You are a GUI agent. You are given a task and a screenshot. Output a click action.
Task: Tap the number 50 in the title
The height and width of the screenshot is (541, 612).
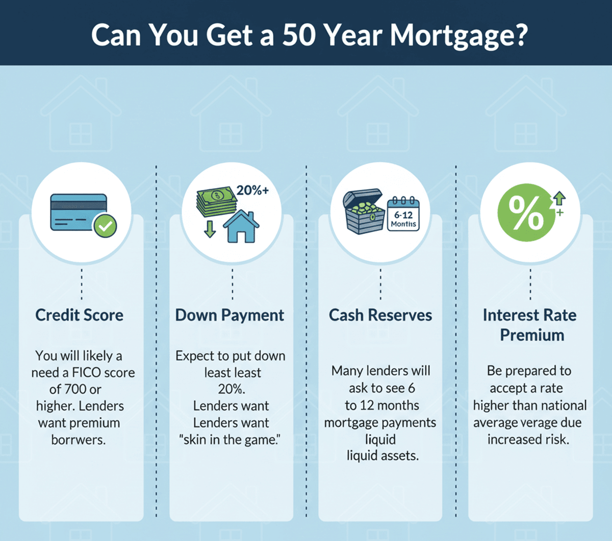click(x=299, y=35)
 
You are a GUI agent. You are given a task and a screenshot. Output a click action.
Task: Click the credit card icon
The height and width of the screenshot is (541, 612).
click(x=79, y=212)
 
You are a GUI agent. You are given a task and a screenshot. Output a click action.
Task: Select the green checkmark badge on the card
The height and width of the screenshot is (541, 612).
click(x=105, y=226)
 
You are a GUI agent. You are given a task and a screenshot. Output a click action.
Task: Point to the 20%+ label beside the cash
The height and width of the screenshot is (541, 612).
click(x=252, y=191)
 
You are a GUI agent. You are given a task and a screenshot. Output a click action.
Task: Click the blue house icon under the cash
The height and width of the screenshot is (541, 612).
click(x=241, y=226)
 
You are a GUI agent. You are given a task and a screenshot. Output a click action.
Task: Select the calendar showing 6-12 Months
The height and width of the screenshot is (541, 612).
click(x=403, y=215)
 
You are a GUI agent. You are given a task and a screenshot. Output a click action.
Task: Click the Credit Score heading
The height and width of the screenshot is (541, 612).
click(x=80, y=315)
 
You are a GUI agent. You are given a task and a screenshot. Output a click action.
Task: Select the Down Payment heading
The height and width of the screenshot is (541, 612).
click(x=229, y=315)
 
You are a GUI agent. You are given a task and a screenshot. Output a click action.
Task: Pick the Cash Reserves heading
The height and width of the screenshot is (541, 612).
click(x=380, y=315)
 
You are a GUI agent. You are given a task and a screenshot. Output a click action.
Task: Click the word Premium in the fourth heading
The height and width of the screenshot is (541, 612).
click(x=532, y=335)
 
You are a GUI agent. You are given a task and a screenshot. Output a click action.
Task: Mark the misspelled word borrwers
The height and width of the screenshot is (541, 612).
click(x=79, y=440)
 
